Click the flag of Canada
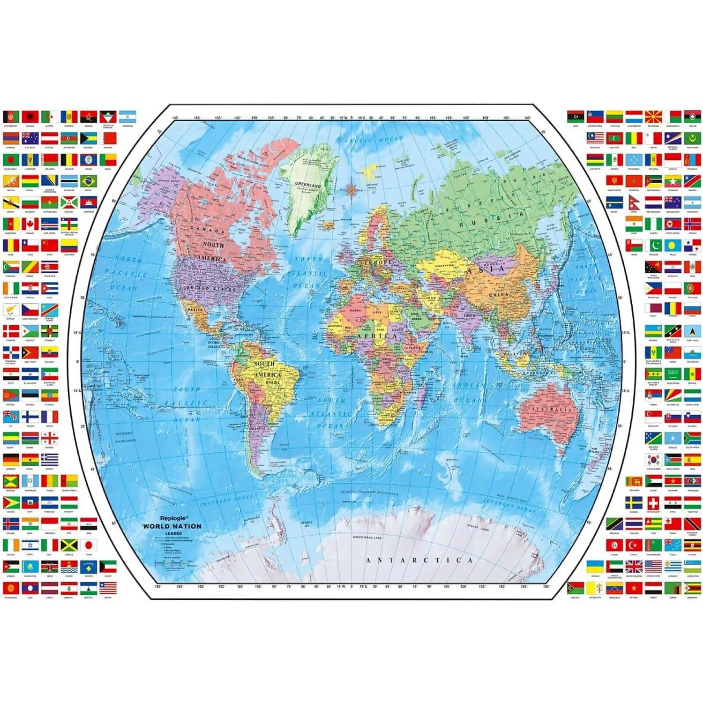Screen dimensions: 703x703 coord(30,224)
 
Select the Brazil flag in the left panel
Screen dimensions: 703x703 coord(88,181)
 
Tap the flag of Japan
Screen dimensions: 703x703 coord(88,545)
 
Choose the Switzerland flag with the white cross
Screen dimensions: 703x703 coord(653,503)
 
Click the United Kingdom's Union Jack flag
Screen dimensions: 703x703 coord(634,566)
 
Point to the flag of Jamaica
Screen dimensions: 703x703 coord(69,545)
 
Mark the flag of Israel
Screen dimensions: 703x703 coord(30,545)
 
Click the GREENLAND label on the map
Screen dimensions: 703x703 coord(308,185)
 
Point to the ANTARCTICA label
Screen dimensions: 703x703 coord(419,560)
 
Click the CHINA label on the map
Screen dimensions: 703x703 coord(498,295)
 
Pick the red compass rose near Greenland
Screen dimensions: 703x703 coord(351,189)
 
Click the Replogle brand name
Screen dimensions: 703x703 coord(174,518)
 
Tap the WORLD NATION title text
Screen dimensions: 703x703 coord(172,526)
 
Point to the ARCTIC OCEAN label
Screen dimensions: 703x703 coord(374,140)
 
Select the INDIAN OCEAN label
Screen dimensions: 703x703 coord(469,393)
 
